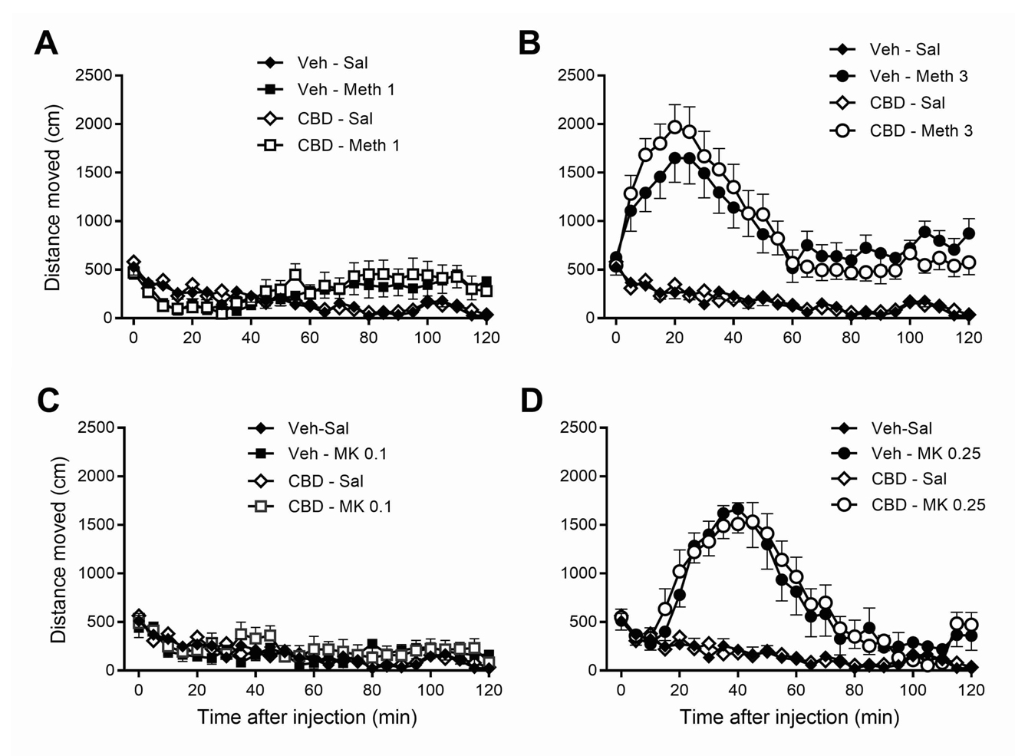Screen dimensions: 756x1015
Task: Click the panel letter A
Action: click(x=46, y=44)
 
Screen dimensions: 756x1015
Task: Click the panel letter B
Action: click(x=529, y=44)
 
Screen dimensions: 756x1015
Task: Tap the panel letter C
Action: click(x=48, y=401)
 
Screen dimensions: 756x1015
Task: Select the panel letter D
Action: click(x=531, y=401)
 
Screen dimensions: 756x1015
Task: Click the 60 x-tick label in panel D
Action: click(x=796, y=690)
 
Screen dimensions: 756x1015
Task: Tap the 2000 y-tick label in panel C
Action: click(x=97, y=476)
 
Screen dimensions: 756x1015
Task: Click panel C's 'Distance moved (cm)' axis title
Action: click(x=59, y=550)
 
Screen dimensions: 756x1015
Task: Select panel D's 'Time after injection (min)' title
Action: click(x=789, y=717)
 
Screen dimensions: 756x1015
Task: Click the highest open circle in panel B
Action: click(x=675, y=127)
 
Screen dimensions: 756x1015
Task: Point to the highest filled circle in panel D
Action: click(x=738, y=509)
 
